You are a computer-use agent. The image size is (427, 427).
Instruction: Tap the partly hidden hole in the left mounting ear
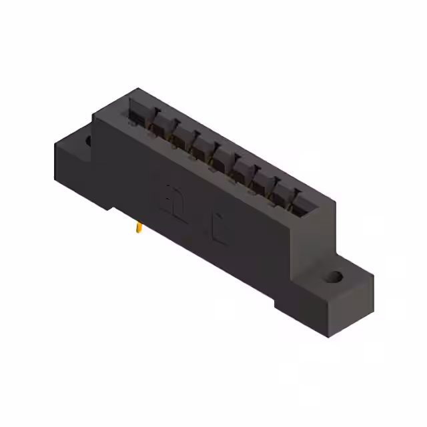click(x=87, y=141)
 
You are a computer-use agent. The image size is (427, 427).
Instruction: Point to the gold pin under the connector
click(x=138, y=229)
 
